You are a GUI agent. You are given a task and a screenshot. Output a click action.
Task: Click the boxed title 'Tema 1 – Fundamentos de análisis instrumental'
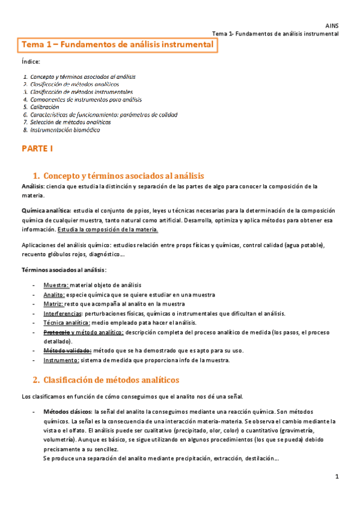click(117, 45)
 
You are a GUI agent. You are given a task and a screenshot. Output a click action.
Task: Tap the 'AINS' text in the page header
click(332, 26)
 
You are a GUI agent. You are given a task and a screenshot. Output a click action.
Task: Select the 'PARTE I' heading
click(37, 148)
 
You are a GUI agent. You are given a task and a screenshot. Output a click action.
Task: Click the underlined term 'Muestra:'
click(56, 284)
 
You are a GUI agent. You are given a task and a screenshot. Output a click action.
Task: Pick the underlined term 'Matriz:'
click(54, 304)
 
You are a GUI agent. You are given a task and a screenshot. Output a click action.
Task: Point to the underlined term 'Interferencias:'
click(63, 314)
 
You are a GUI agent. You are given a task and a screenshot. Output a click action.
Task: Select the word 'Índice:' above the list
click(31, 62)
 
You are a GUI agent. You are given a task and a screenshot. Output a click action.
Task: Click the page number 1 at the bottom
click(338, 477)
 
